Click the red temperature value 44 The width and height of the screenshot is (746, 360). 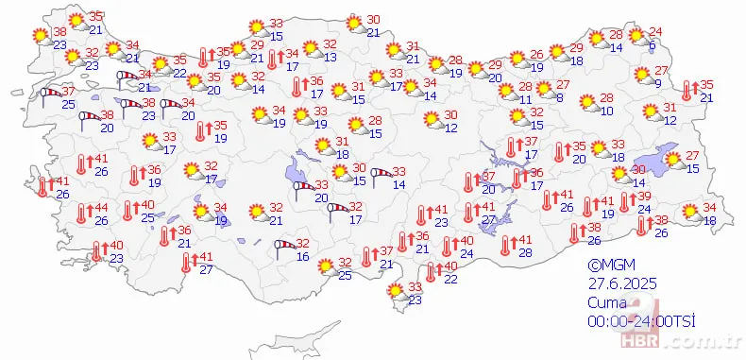tap(99, 208)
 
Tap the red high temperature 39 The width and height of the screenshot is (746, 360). tap(645, 196)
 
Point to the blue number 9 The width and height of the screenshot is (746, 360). tap(658, 83)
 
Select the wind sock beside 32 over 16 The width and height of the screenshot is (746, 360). tap(282, 248)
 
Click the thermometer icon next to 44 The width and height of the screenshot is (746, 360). tap(81, 214)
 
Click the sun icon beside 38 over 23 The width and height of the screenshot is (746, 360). tap(40, 35)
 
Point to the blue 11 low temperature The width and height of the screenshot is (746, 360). tap(525, 98)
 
